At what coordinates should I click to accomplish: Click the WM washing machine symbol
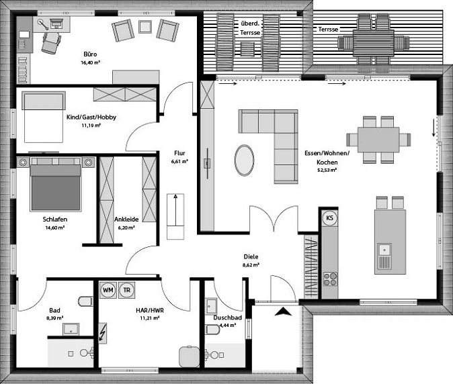click(x=108, y=290)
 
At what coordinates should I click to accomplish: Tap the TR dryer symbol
click(x=126, y=290)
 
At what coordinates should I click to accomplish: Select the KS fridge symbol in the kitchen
click(x=330, y=218)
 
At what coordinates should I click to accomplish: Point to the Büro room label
click(x=90, y=53)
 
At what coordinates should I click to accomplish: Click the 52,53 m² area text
click(x=327, y=171)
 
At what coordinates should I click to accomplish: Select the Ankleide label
click(x=126, y=220)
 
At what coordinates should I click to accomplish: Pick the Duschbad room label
click(x=222, y=317)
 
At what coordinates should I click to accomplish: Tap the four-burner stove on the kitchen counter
click(x=330, y=277)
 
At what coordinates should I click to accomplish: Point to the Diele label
click(x=251, y=256)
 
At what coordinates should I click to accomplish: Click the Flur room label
click(x=179, y=152)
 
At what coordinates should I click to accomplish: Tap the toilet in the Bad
click(x=84, y=300)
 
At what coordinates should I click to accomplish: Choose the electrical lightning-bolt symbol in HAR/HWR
click(x=103, y=332)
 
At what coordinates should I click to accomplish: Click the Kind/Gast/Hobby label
click(x=91, y=117)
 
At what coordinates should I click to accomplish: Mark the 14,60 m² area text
click(x=54, y=228)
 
